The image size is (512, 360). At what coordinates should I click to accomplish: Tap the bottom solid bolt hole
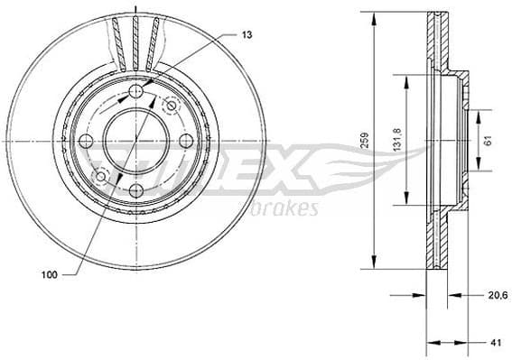coord(135,189)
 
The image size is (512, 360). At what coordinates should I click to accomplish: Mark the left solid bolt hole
coord(87,141)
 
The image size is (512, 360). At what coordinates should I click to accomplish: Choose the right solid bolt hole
coord(184,141)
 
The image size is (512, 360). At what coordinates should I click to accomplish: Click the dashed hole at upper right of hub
coord(171,106)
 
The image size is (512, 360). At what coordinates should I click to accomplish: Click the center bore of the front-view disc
coord(135,141)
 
